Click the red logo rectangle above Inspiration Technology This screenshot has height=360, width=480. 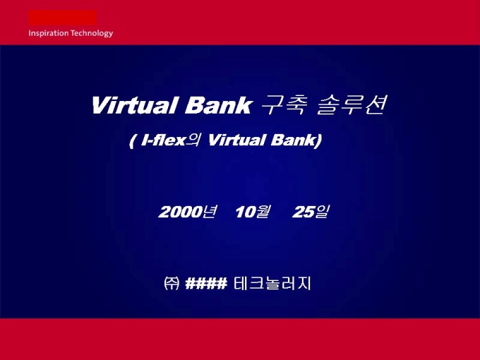tap(62, 18)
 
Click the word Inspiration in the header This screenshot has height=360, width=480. tap(49, 33)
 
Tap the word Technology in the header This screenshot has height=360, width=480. tap(92, 33)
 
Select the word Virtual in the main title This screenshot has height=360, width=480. tap(134, 105)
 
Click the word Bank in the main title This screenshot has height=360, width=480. tap(217, 105)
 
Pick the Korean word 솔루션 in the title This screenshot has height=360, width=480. tap(351, 105)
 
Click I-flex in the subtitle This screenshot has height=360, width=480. tap(163, 140)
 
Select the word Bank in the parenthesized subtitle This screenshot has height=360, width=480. tap(293, 140)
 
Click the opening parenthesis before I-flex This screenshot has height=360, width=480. tap(132, 141)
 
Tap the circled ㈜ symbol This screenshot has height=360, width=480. tap(172, 283)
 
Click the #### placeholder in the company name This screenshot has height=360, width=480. tap(206, 283)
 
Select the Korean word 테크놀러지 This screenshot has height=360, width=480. tap(272, 283)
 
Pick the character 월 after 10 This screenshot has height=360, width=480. tap(263, 212)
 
